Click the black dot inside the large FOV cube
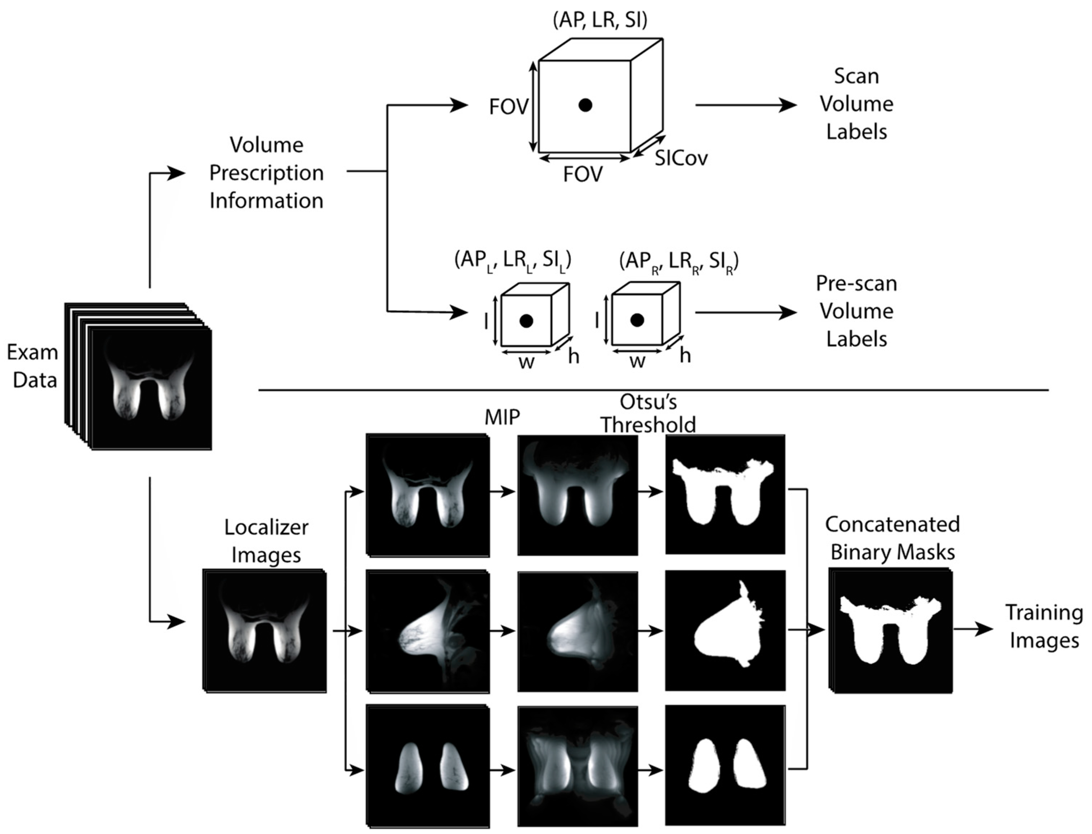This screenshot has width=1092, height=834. [585, 105]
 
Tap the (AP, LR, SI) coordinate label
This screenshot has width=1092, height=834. [600, 21]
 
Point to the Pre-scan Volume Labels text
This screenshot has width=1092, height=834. [856, 311]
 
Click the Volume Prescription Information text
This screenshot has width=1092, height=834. [266, 173]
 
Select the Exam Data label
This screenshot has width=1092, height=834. [33, 366]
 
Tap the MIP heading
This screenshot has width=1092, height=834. [502, 417]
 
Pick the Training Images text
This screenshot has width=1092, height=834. [1044, 627]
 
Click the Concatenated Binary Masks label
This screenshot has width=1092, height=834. [892, 538]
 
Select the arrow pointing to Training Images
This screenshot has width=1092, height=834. [972, 629]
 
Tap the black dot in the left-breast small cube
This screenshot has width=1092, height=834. [526, 321]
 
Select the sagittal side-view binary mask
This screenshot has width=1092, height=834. [725, 631]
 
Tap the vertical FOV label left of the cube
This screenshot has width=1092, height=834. [508, 107]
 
